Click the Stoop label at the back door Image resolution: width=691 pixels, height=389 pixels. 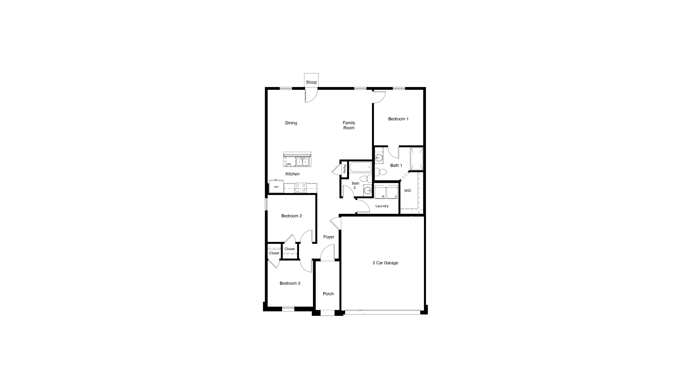click(311, 82)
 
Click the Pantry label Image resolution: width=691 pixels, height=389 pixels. click(344, 169)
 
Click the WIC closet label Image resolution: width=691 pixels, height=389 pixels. click(408, 191)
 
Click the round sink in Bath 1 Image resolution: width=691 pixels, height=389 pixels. click(379, 158)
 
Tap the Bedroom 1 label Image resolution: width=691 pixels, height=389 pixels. click(398, 119)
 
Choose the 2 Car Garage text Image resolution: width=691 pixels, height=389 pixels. click(385, 263)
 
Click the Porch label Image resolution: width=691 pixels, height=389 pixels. click(328, 294)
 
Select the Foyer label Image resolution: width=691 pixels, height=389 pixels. click(329, 237)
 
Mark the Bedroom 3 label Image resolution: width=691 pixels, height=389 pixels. click(290, 283)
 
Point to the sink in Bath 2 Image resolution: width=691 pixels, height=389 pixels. click(368, 191)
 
